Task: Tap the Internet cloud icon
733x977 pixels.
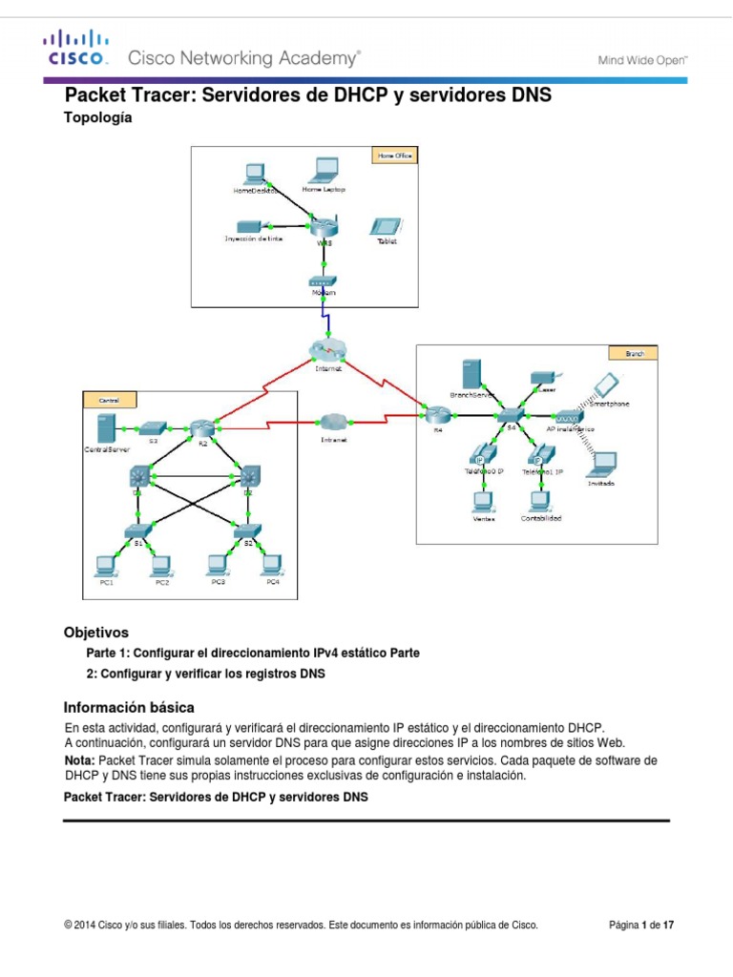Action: click(325, 349)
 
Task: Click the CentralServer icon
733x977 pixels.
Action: click(107, 428)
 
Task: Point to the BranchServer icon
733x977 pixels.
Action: click(469, 373)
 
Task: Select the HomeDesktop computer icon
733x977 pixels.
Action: click(254, 174)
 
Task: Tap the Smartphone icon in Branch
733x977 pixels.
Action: click(605, 385)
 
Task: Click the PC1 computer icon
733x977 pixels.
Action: click(106, 564)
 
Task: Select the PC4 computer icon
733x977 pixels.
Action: click(272, 564)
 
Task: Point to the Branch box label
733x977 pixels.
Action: click(635, 353)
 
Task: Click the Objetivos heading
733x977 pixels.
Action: click(95, 633)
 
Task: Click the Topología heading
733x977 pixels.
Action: click(96, 118)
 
